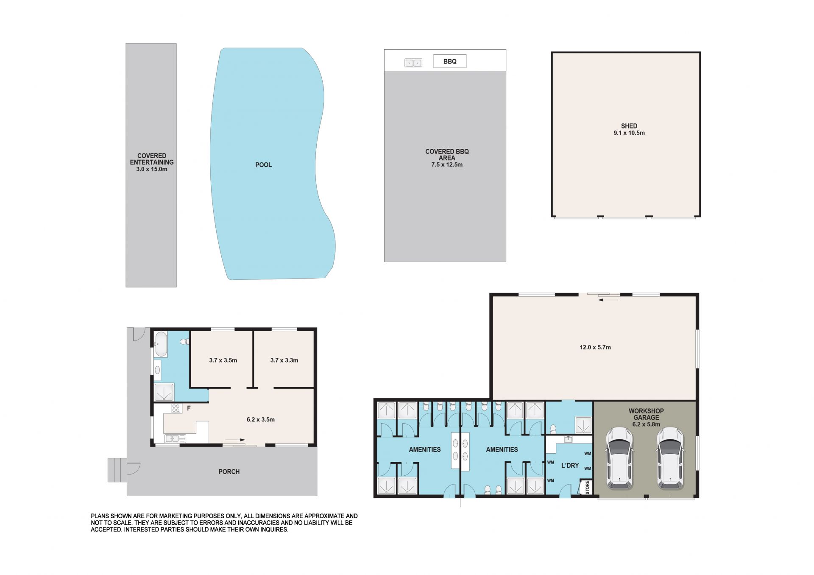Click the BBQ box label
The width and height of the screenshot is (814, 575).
(x=450, y=61)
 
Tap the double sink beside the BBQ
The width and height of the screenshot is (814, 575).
(x=413, y=63)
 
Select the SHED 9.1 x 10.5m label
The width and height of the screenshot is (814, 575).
(x=629, y=129)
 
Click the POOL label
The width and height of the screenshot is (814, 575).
(x=263, y=165)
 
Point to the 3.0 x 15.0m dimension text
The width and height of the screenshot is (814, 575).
(x=152, y=169)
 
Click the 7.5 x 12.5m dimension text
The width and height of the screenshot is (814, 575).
(x=447, y=165)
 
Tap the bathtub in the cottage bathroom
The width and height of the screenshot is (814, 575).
(x=161, y=344)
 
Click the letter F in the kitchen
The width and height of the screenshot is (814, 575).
(x=189, y=408)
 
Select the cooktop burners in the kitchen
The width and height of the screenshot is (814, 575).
(x=176, y=409)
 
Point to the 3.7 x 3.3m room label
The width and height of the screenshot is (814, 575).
(x=284, y=360)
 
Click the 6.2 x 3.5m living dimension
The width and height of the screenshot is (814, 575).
(x=261, y=420)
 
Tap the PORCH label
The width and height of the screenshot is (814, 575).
(x=229, y=472)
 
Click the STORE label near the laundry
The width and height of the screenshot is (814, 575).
(x=587, y=487)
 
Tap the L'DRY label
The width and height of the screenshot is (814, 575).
(x=570, y=466)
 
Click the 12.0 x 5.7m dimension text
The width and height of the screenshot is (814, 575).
(x=595, y=347)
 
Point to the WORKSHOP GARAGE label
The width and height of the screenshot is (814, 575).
(x=646, y=414)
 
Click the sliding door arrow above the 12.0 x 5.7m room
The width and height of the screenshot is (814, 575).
(x=608, y=300)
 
